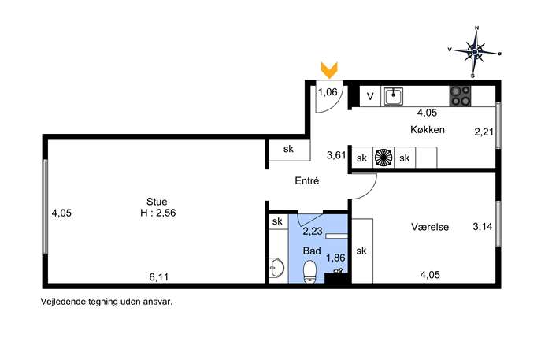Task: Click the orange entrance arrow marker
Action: pos(329,70)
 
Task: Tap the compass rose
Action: pos(475,52)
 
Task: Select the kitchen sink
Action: pos(393,96)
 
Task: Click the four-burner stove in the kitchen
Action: pos(460,96)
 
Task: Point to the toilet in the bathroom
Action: pos(309,272)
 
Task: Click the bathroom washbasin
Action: pos(276,267)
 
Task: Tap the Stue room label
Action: pos(157,202)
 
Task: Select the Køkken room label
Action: pos(428,130)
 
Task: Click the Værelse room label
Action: pos(430,227)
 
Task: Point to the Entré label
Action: pos(307,180)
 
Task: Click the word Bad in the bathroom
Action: pos(312,251)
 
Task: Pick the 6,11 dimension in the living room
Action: pos(159,276)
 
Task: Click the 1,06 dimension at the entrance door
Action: pos(328,92)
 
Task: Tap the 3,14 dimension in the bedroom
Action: pos(483,226)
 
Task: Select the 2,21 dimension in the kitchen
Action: pos(484,132)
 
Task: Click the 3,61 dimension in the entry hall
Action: pos(336,155)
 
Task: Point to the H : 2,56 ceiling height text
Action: pos(158,213)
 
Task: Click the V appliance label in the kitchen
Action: pos(370,96)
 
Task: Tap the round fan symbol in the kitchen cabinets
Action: pos(384,158)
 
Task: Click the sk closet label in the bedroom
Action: pos(361,251)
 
